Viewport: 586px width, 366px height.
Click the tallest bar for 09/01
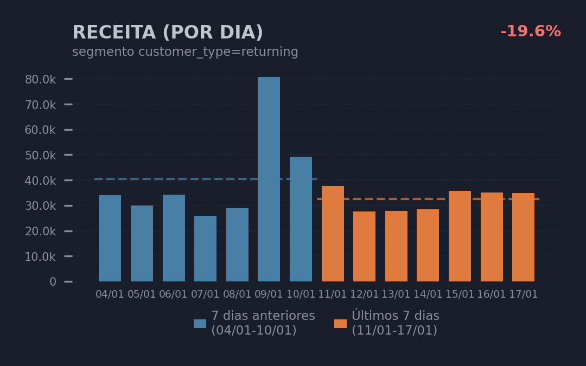tap(269, 179)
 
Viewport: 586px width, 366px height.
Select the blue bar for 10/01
tap(301, 219)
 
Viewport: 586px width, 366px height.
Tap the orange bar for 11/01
tap(333, 234)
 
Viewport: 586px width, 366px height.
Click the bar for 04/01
tap(110, 238)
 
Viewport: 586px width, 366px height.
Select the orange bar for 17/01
tap(523, 237)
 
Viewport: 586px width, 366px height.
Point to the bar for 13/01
tap(396, 246)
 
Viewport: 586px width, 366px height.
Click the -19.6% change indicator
tap(530, 32)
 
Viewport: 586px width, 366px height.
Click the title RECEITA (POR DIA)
tap(168, 33)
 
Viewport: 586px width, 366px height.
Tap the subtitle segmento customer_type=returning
tap(185, 52)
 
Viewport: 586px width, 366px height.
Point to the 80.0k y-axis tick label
tap(40, 80)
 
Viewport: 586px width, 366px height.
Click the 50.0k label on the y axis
tap(40, 155)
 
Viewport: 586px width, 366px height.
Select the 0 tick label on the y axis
tap(53, 282)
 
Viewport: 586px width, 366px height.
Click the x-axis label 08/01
tap(237, 294)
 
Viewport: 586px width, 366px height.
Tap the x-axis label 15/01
tap(460, 294)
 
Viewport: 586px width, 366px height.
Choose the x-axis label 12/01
tap(364, 294)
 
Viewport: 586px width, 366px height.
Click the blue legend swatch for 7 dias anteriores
tap(200, 324)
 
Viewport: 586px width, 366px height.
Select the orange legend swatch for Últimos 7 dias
tap(340, 324)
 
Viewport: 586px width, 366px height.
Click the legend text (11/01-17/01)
tap(394, 330)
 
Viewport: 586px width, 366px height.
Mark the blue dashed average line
tap(163, 179)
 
